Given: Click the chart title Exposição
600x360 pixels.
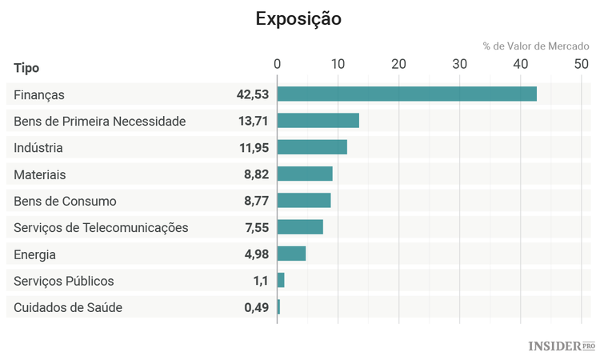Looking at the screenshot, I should coord(298,18).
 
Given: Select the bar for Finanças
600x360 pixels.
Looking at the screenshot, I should coord(406,94).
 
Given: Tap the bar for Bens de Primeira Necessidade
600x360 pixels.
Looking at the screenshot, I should coord(318,121).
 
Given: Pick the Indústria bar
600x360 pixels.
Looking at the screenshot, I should coord(312,147).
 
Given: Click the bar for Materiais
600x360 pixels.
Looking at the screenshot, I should coord(305,174).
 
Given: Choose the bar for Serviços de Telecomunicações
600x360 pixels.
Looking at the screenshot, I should coord(300,227).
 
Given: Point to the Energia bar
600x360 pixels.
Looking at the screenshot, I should coord(291,254).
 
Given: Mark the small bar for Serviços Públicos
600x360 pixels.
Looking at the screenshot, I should coord(281,280).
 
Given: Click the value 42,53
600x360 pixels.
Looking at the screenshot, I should coord(252,94).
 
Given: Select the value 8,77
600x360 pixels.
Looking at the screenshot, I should coord(256,201).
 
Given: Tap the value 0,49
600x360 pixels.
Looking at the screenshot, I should coord(256,307).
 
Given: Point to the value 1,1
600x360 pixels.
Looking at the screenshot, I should coord(261,281).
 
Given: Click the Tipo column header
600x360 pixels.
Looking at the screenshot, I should coord(26,68).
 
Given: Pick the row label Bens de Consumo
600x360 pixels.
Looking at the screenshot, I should coord(65,201).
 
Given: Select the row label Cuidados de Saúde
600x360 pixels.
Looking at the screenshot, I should coord(68,307).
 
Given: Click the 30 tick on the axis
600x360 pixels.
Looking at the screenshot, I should coord(459,64).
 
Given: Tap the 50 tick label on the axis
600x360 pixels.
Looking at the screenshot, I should coord(581,64).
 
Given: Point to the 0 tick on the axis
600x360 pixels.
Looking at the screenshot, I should coord(277,64).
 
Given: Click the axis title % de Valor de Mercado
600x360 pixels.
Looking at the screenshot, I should coord(535,46).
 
